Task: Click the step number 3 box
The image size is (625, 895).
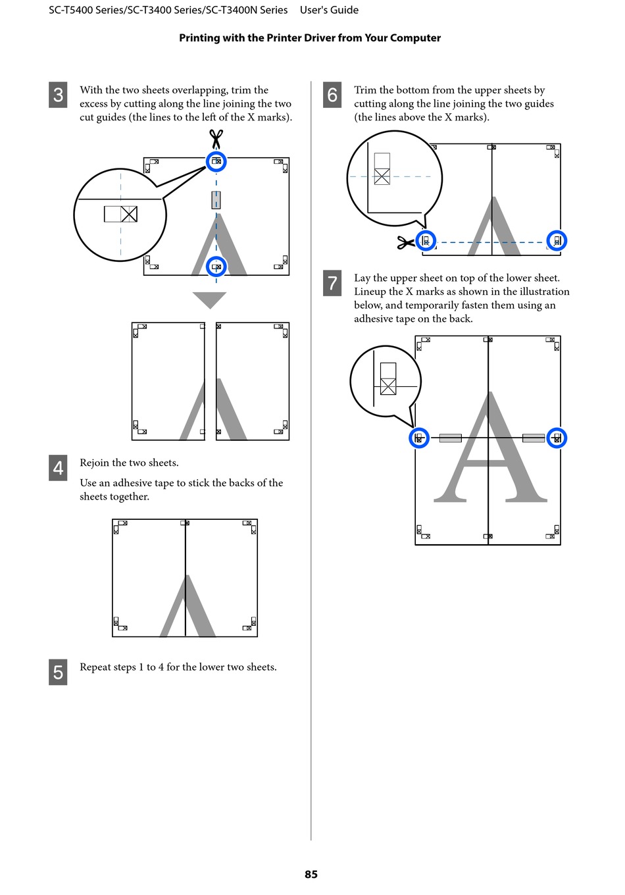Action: click(58, 95)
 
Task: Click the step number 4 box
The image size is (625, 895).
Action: click(58, 467)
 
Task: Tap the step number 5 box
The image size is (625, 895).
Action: click(58, 672)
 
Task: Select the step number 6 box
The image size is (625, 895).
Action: click(332, 95)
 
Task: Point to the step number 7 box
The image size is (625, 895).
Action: click(332, 283)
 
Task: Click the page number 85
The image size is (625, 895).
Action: click(311, 874)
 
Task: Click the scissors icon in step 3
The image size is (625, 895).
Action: click(216, 139)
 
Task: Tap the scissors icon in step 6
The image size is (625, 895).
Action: click(405, 242)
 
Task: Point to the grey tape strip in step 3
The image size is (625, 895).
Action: click(216, 200)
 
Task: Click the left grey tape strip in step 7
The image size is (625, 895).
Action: click(451, 438)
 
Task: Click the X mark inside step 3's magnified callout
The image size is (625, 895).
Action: click(128, 214)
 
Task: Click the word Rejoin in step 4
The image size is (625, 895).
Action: click(93, 463)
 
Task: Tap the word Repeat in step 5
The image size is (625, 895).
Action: click(94, 667)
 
